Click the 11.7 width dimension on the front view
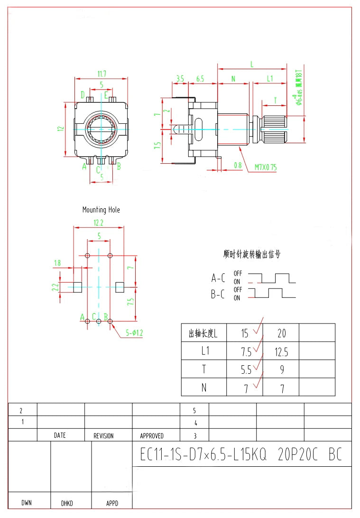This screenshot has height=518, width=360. point(102,74)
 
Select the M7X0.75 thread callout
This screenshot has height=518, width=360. point(266,167)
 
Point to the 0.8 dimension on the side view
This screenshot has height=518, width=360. point(238,166)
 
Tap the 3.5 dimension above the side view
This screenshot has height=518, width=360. point(180,79)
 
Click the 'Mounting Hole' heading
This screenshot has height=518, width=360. point(101,210)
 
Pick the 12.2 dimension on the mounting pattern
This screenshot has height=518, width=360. point(98,222)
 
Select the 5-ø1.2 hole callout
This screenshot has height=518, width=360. point(134,333)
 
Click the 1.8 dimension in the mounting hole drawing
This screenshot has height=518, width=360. point(58,263)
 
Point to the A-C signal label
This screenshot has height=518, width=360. point(218,278)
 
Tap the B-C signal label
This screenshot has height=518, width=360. point(218,294)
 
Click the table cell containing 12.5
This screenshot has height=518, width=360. point(281,351)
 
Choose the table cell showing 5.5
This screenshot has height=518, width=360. point(245,370)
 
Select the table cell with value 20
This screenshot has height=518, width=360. point(281,333)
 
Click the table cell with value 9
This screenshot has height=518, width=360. point(281,370)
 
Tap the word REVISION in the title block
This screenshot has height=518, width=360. point(103,435)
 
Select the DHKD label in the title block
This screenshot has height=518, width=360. point(67,503)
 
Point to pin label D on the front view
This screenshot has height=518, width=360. point(83,95)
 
